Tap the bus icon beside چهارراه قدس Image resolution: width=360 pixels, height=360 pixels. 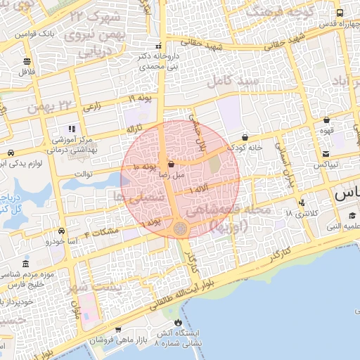340,13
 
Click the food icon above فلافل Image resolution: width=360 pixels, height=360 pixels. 27,61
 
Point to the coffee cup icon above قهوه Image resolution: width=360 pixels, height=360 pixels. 327,120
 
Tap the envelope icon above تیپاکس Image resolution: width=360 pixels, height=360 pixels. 326,154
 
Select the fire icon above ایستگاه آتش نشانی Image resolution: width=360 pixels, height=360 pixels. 118,328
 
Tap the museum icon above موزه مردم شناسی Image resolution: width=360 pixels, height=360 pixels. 26,263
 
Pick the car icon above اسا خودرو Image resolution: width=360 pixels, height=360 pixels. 62,231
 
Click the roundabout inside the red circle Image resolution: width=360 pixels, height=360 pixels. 181,229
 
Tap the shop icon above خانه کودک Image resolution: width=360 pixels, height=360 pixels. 244,137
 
